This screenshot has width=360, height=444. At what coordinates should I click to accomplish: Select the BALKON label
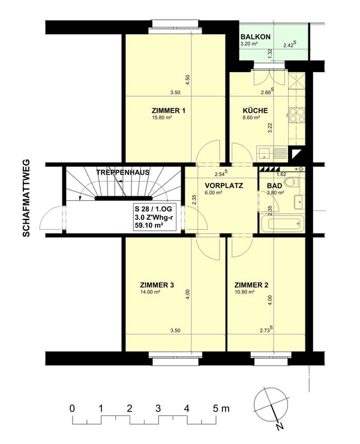256,37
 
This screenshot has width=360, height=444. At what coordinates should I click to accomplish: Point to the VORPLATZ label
223,185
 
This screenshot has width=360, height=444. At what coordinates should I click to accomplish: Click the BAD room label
274,186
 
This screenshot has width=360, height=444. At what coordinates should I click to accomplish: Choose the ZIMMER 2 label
251,284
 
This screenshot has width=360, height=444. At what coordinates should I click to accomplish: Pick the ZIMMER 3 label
157,284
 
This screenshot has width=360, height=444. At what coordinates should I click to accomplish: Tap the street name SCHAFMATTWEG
26,199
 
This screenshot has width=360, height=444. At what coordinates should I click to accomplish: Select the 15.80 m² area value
162,118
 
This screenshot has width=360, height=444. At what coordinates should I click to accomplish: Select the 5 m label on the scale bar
220,409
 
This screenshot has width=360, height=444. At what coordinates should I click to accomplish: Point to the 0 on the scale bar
72,409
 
